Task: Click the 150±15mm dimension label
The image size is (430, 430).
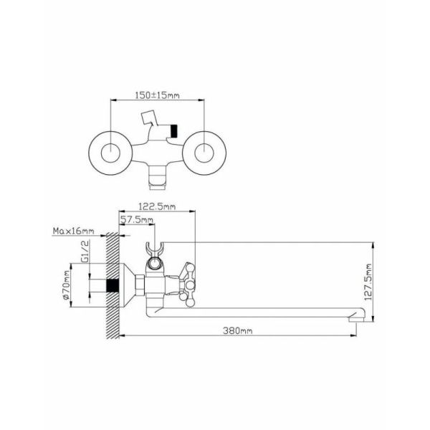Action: (x=157, y=95)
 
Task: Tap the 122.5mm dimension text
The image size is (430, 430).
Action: (x=157, y=206)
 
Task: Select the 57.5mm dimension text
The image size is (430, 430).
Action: (x=137, y=219)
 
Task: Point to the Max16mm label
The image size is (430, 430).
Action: (x=73, y=231)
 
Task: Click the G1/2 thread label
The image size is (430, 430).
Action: (x=85, y=252)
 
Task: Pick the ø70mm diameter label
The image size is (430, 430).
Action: (x=66, y=285)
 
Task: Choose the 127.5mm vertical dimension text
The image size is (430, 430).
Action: (x=368, y=282)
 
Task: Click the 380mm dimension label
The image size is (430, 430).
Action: (x=237, y=330)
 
